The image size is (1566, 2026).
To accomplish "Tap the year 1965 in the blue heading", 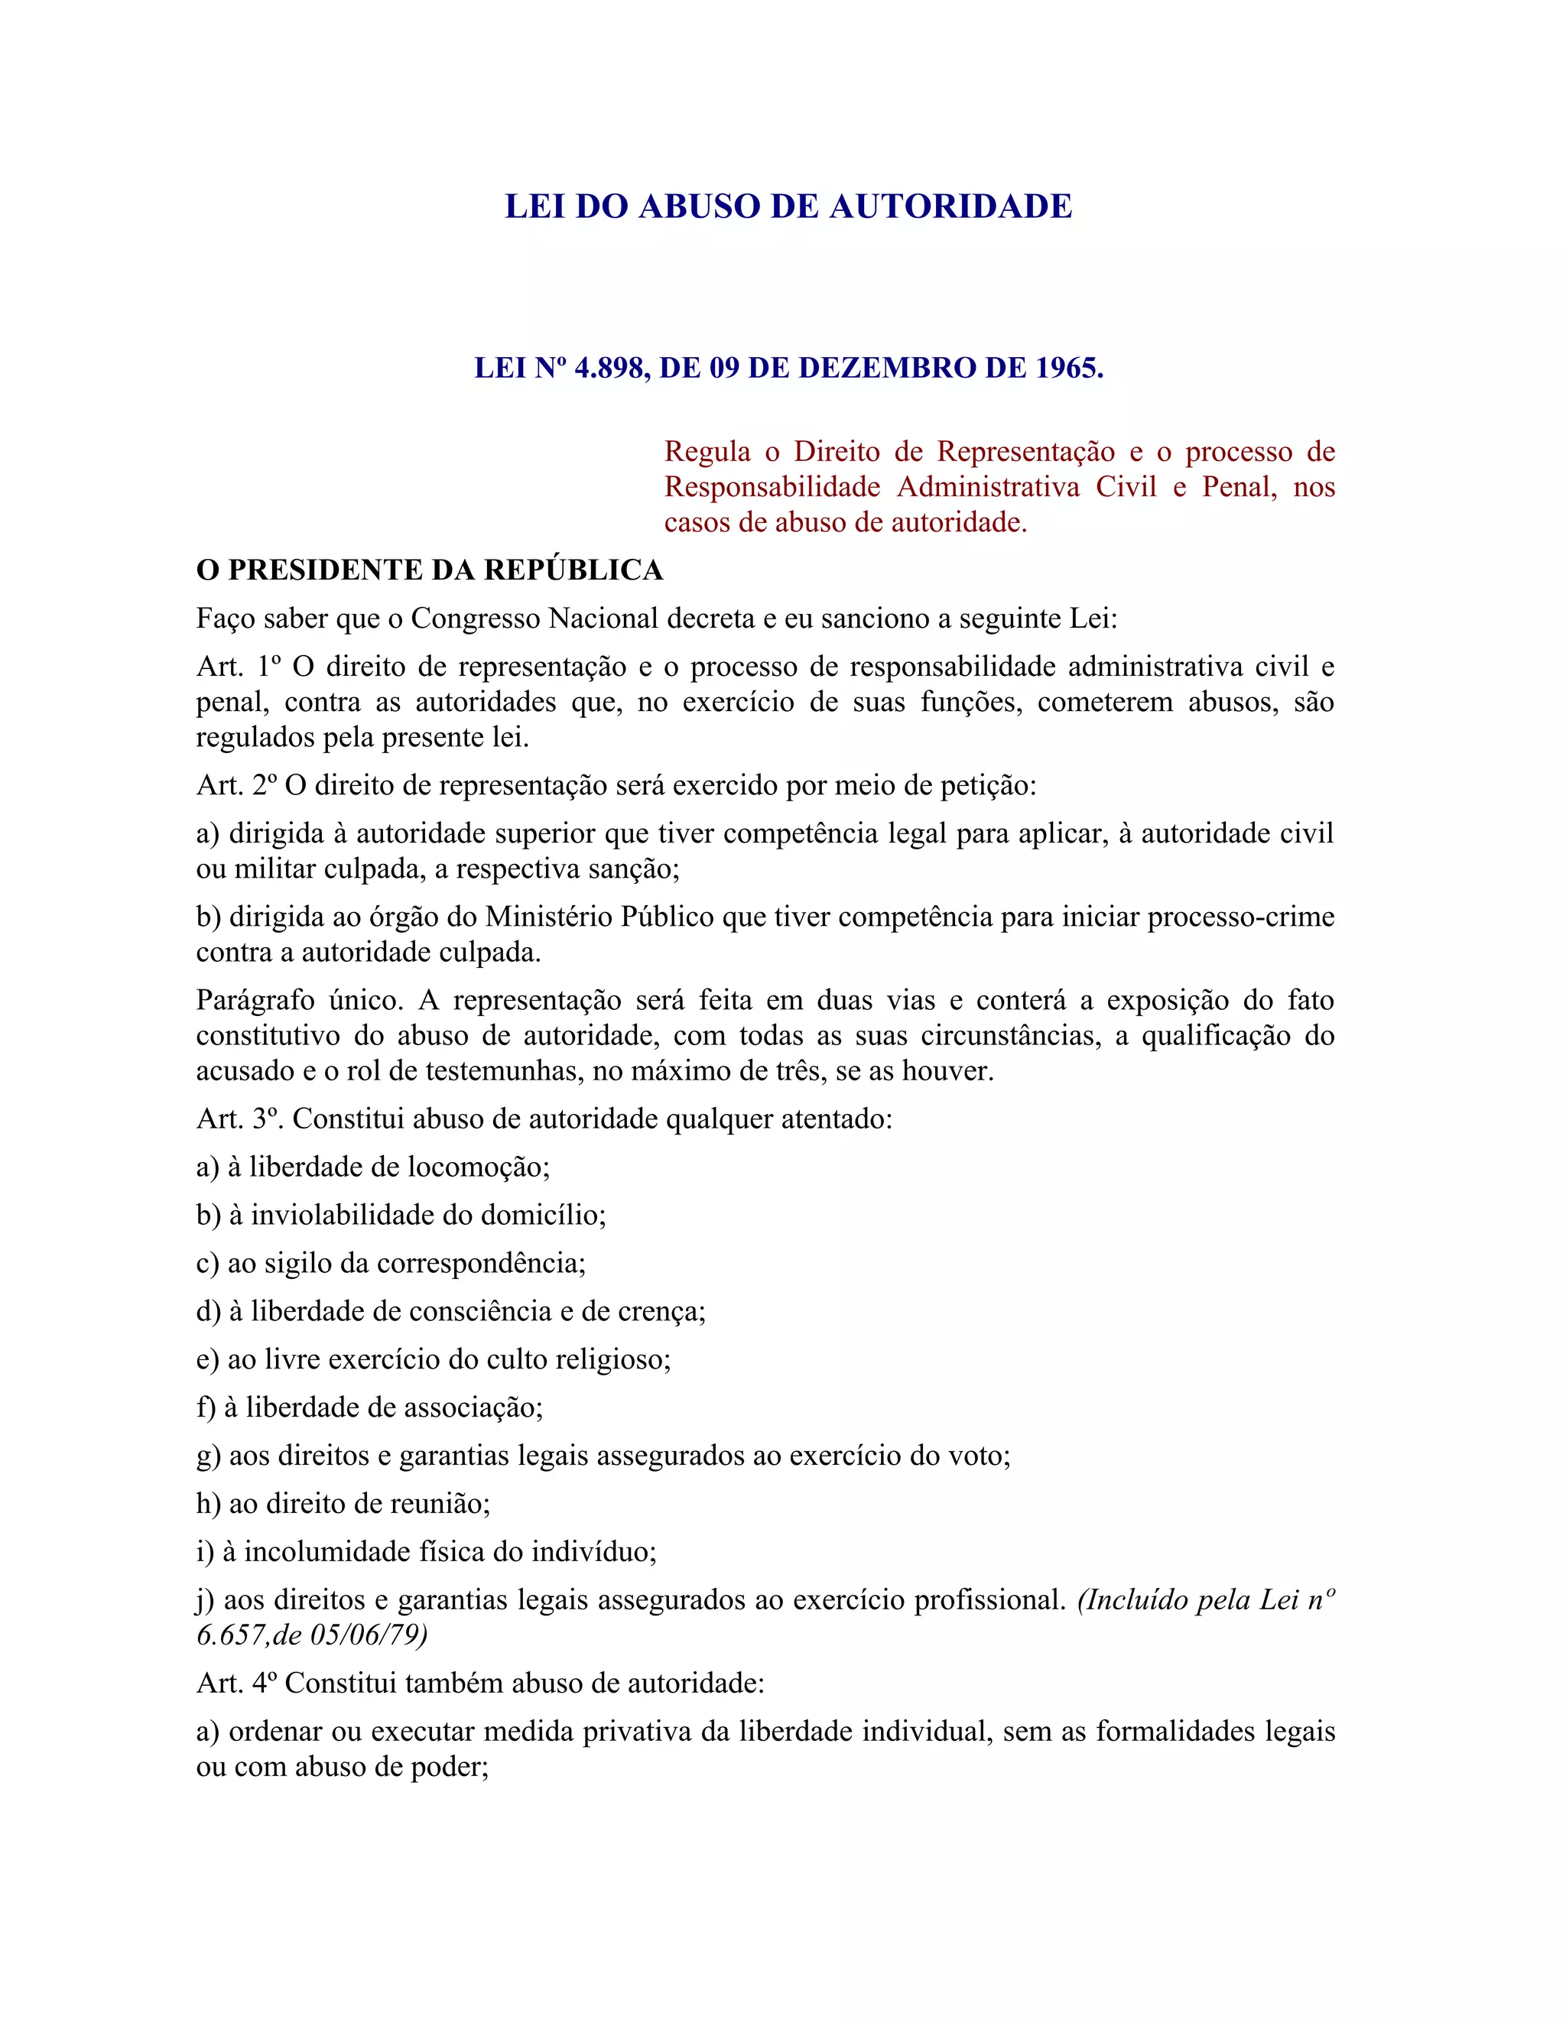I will (1067, 369).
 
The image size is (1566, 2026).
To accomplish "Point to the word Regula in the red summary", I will (707, 452).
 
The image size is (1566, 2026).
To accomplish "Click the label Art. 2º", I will (236, 786).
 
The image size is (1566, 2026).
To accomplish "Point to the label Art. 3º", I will (239, 1119).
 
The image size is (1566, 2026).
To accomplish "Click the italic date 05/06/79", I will (369, 1635).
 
